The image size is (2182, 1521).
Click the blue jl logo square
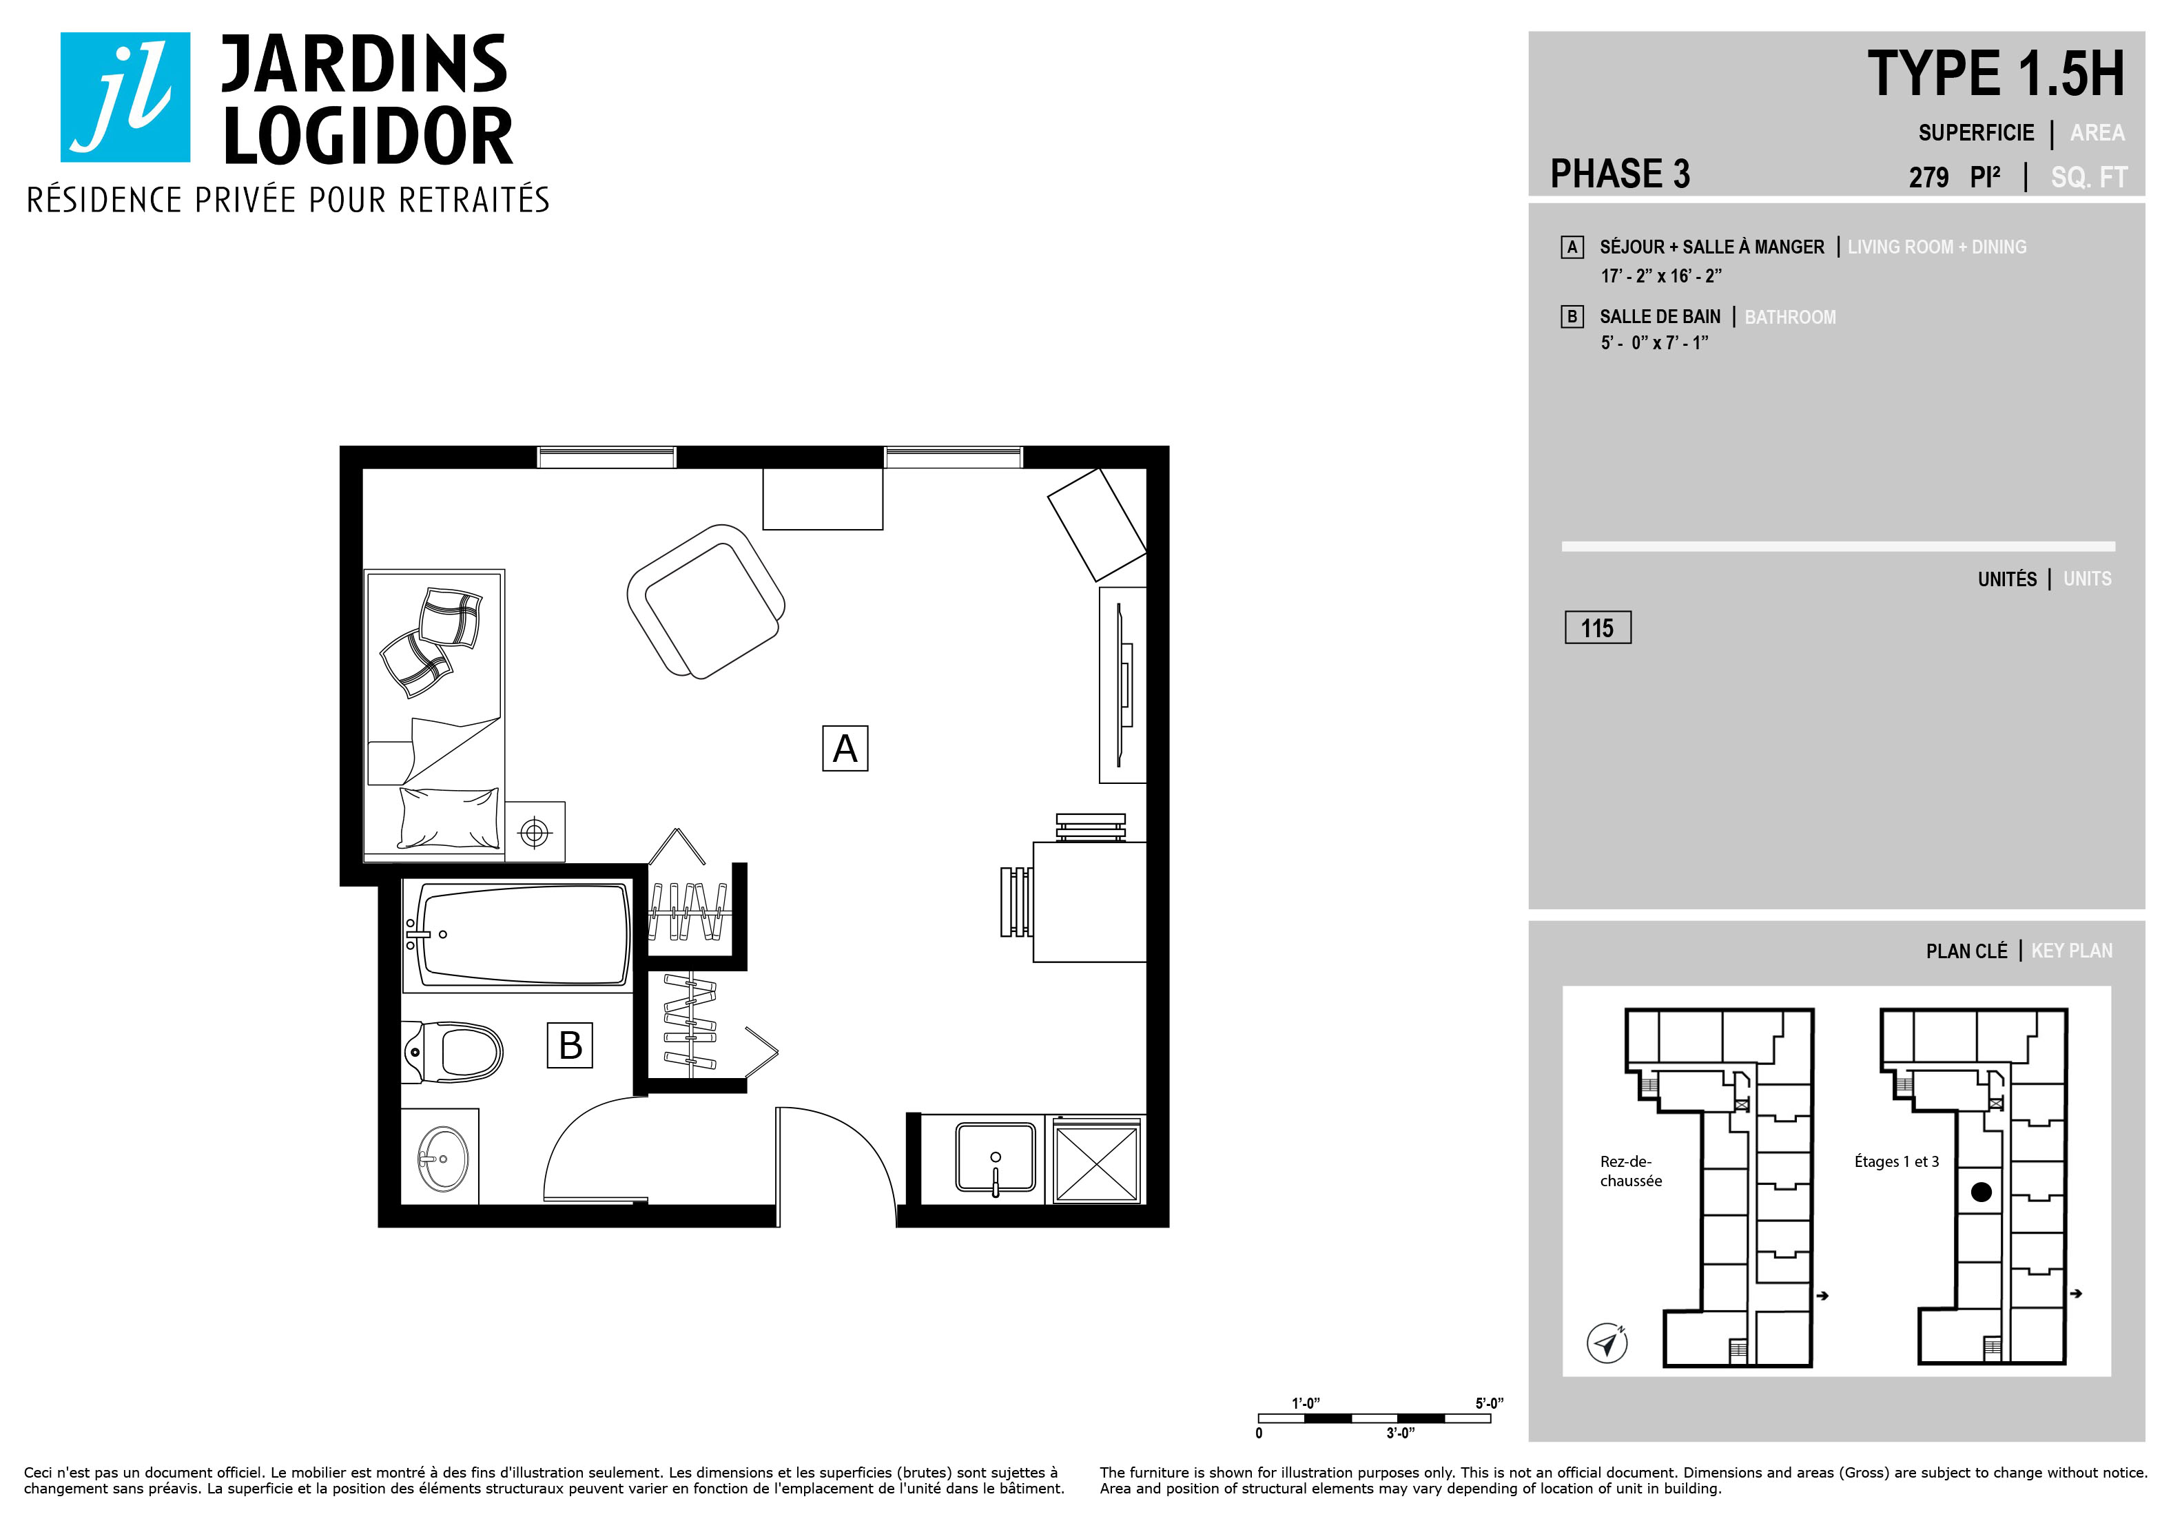[x=125, y=97]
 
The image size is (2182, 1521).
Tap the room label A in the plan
[x=845, y=749]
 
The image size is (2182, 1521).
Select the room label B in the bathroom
[x=570, y=1045]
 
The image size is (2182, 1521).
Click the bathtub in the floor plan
[x=518, y=935]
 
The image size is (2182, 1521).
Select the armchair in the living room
[x=705, y=601]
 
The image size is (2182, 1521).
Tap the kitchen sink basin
[x=995, y=1157]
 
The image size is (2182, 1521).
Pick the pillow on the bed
[x=449, y=817]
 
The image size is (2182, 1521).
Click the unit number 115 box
[x=1598, y=628]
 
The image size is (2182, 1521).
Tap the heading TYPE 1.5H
[x=1996, y=74]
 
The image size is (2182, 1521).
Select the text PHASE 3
[x=1620, y=174]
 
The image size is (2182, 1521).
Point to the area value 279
[x=1928, y=178]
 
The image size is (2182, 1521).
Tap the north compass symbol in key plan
[x=1607, y=1343]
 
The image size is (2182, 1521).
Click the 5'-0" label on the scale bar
[x=1489, y=1403]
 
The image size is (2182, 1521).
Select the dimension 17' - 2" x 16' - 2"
[x=1661, y=276]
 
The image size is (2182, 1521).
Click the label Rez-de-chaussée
[x=1631, y=1171]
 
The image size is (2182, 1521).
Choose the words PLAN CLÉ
[x=1966, y=951]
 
